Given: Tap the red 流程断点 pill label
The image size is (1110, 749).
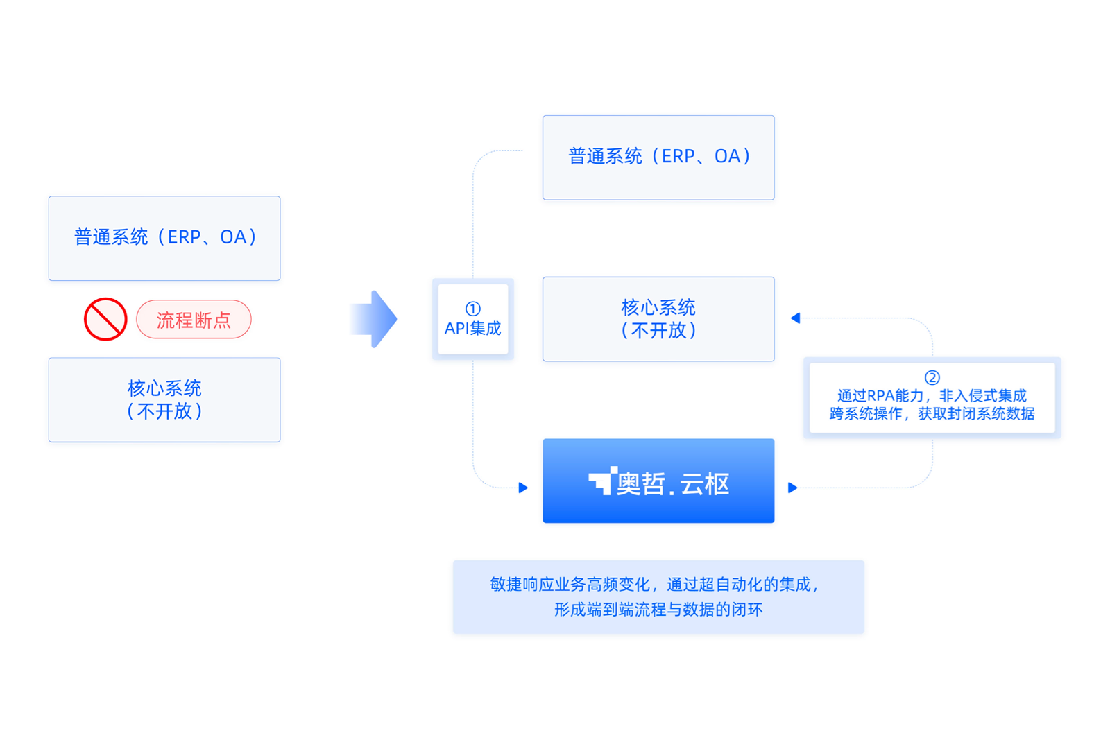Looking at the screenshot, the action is point(194,320).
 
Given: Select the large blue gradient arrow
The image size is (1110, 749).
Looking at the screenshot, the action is point(373,319).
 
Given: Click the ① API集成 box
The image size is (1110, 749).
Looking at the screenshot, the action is point(472,319).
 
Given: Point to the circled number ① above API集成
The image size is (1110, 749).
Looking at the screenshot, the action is point(472,309).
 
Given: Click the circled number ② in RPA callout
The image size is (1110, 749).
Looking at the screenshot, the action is point(932,378).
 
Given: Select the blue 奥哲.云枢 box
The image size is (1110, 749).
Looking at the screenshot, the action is point(658,481).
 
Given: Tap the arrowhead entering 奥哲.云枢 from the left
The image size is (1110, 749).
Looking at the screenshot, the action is point(523,488).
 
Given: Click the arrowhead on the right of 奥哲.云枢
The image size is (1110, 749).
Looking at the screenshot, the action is point(793,488).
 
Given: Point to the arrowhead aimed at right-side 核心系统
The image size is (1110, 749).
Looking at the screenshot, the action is point(795,318).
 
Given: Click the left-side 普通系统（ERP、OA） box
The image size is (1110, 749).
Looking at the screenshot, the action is point(164,239).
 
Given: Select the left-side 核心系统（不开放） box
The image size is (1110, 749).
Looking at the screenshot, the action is point(164,399).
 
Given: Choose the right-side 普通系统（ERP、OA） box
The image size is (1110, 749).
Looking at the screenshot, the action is point(658,157).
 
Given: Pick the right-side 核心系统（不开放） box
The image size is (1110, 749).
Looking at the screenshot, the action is point(658,319).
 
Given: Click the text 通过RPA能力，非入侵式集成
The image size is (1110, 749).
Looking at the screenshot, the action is point(932,396).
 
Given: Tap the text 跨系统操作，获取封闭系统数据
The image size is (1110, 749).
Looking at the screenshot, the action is point(932,413).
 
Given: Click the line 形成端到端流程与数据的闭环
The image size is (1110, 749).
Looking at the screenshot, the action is point(658,610).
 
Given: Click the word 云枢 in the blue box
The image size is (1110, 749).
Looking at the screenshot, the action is point(705,484).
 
